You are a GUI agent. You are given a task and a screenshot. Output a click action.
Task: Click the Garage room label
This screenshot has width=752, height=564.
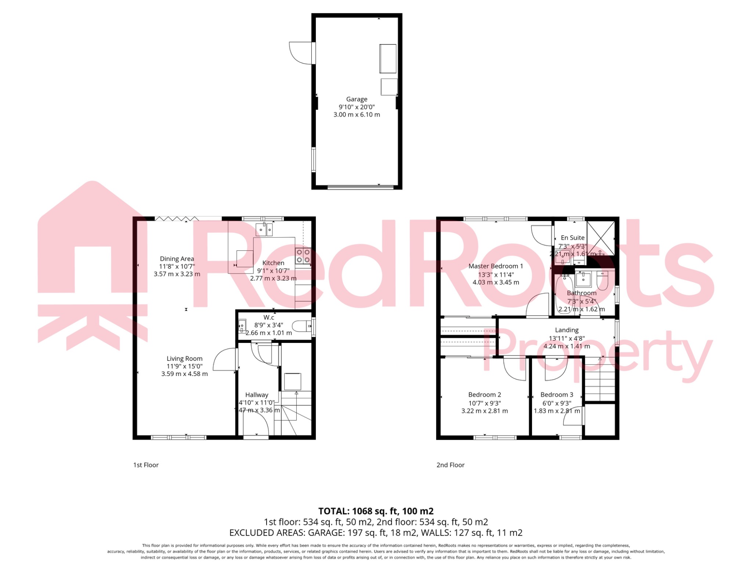point(357,99)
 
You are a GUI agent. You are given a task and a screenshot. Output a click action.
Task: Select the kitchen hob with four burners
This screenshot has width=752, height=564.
point(303,256)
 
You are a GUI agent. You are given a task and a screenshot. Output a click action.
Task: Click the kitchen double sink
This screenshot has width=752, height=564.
point(264,229)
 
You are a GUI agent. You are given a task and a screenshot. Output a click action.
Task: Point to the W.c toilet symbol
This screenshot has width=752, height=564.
point(301,326)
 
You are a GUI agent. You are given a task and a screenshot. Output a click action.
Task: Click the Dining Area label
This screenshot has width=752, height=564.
point(177,259)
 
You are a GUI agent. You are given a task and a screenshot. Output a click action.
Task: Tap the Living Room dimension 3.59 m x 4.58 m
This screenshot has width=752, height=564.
point(184,374)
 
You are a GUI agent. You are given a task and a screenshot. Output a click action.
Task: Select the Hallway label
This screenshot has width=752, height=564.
point(257,395)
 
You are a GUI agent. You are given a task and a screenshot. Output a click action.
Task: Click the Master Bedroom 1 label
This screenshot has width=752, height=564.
point(495,266)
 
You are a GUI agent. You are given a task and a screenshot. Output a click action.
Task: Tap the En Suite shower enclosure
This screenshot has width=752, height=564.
point(600,238)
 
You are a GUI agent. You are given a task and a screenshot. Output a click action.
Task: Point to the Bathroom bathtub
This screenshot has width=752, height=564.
point(565,294)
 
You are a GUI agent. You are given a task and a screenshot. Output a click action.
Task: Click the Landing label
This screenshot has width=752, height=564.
point(567,330)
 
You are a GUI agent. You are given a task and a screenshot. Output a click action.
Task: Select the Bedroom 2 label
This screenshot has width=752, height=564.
point(484,395)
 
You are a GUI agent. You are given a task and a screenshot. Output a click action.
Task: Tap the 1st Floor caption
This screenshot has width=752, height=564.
point(146,465)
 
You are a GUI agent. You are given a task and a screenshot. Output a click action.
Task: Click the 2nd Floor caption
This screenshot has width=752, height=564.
point(450,465)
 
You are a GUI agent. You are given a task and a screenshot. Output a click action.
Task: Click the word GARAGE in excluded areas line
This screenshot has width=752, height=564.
point(325,533)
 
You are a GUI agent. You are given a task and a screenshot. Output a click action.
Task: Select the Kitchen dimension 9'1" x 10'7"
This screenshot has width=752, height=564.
point(273,271)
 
